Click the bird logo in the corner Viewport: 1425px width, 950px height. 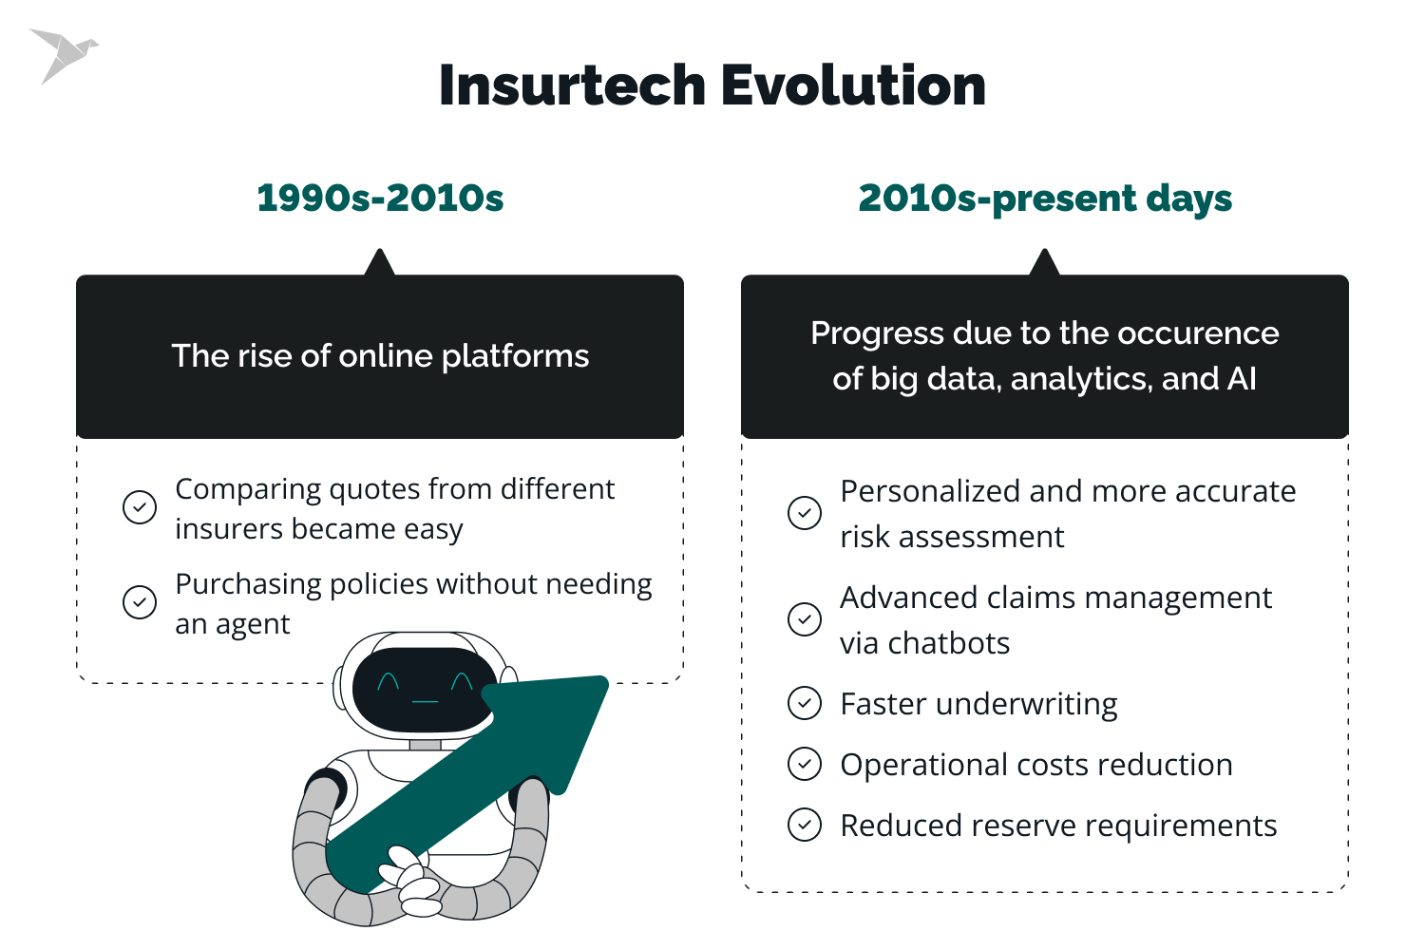click(63, 54)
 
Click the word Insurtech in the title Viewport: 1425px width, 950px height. click(571, 85)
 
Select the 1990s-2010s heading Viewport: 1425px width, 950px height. click(380, 198)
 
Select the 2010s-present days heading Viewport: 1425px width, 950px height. click(1045, 198)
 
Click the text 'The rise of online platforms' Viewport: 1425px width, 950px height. click(380, 356)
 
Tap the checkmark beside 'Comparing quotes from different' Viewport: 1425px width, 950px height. click(140, 507)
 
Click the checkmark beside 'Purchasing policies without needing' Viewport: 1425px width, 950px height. click(140, 602)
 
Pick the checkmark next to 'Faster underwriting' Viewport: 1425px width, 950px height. click(805, 704)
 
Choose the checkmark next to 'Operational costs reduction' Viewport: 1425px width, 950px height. click(805, 765)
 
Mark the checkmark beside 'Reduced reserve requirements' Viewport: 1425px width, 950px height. click(805, 825)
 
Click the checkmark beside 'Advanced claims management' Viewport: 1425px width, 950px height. click(805, 619)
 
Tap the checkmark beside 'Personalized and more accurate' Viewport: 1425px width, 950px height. click(805, 513)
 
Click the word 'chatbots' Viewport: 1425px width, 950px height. click(948, 644)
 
